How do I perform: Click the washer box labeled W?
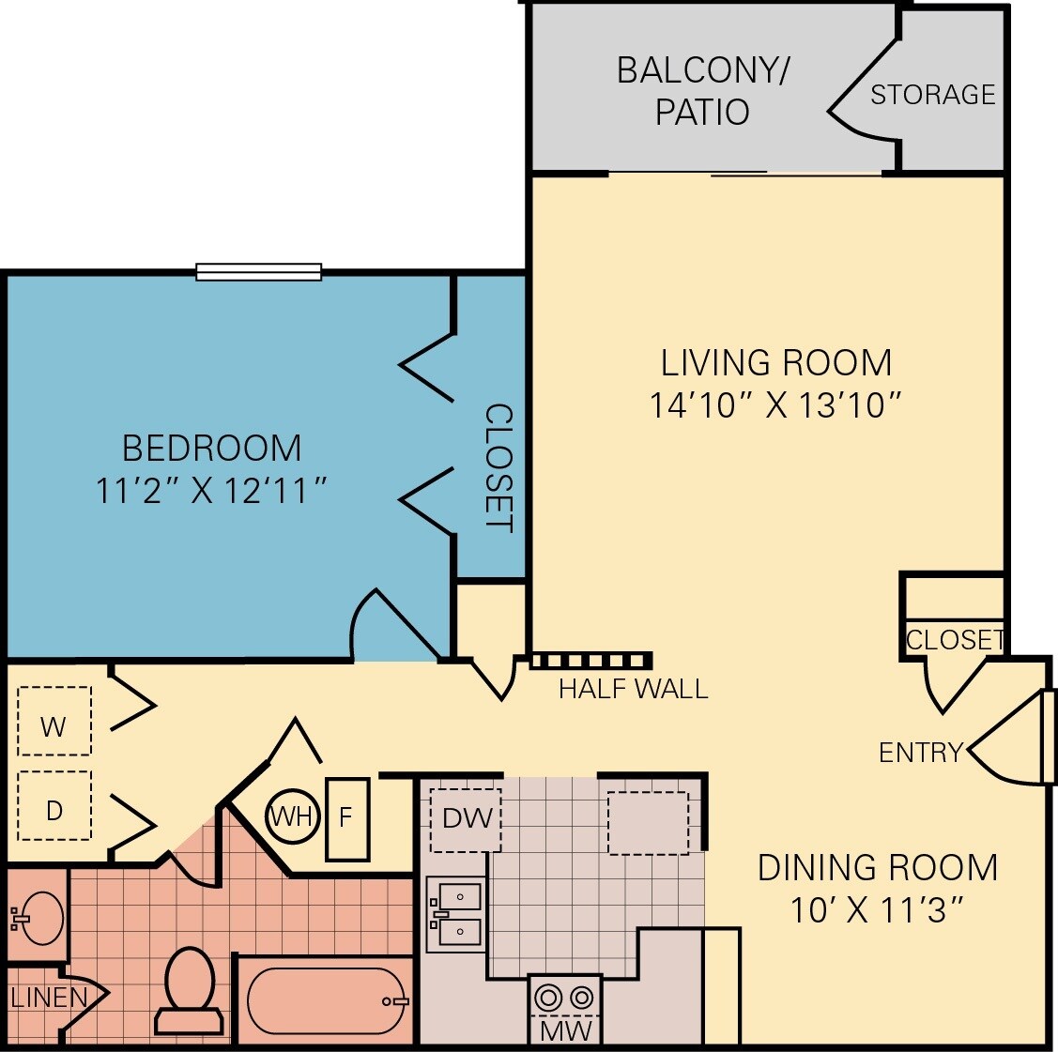(54, 721)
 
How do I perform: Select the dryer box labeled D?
(54, 806)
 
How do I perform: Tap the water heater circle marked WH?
(292, 816)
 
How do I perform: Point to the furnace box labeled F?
(346, 818)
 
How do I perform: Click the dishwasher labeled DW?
(466, 819)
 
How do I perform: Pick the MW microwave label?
(565, 1029)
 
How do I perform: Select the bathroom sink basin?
(39, 917)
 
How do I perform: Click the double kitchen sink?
(457, 914)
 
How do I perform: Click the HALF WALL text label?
(633, 689)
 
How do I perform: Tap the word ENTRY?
(920, 752)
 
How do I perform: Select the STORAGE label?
(932, 95)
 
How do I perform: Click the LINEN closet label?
(49, 997)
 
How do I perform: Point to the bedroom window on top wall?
(258, 272)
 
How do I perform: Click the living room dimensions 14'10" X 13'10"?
(775, 405)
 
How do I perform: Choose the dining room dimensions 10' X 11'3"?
(877, 909)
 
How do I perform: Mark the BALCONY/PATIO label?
(702, 91)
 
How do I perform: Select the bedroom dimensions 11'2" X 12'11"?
(212, 490)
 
